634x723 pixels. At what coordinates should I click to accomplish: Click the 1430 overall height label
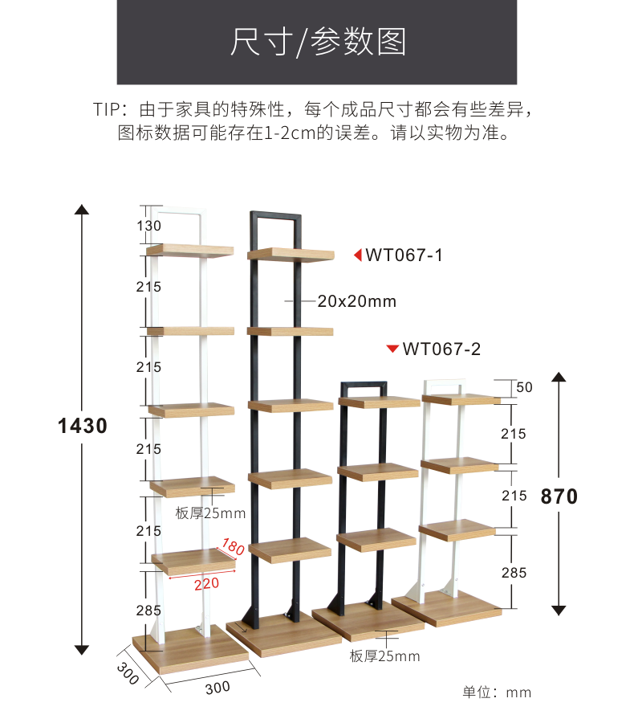click(x=83, y=426)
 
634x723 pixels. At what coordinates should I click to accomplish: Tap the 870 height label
click(x=559, y=496)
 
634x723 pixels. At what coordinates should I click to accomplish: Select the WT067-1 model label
click(x=404, y=255)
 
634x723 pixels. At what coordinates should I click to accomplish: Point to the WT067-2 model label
click(x=441, y=349)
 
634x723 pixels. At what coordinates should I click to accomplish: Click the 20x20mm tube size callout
click(x=357, y=301)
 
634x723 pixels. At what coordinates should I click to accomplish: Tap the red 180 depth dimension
click(x=232, y=548)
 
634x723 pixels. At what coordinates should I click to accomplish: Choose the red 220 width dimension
click(x=206, y=583)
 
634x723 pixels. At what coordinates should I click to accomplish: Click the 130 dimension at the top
click(x=148, y=226)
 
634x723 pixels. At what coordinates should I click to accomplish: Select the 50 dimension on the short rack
click(x=525, y=387)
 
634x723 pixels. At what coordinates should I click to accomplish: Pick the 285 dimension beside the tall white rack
click(x=148, y=611)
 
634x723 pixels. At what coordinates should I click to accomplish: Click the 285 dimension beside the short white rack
click(x=514, y=573)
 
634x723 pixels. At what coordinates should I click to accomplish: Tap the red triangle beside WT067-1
click(x=358, y=255)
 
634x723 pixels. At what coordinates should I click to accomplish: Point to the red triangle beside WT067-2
click(x=392, y=349)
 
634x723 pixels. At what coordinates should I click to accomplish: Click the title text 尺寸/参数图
click(x=318, y=42)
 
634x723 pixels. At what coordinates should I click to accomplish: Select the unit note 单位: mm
click(x=497, y=692)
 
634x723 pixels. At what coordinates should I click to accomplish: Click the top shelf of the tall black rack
click(x=290, y=255)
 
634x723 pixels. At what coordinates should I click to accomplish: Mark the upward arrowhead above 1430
click(x=81, y=210)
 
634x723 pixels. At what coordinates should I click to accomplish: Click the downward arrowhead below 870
click(x=559, y=610)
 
